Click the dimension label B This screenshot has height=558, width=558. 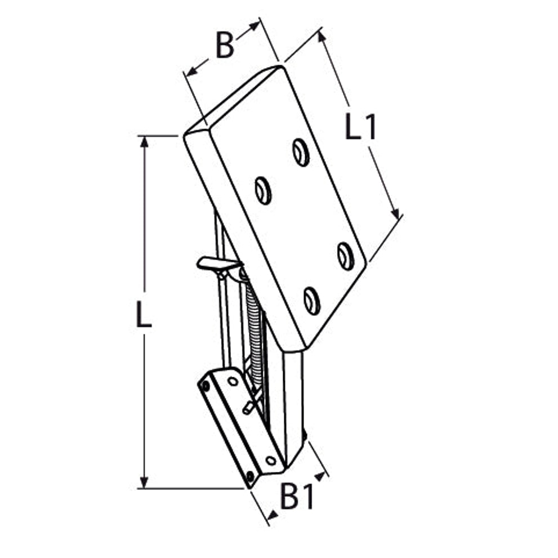[225, 45]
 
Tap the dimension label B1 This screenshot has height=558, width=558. [297, 496]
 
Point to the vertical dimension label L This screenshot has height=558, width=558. [144, 314]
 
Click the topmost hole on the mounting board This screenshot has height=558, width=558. [301, 153]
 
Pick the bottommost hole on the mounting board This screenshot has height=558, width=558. [312, 301]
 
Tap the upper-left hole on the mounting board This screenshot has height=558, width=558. [264, 190]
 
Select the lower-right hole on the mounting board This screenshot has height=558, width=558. [346, 256]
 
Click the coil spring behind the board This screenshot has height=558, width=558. [255, 333]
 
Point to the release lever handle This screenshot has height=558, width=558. [218, 264]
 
